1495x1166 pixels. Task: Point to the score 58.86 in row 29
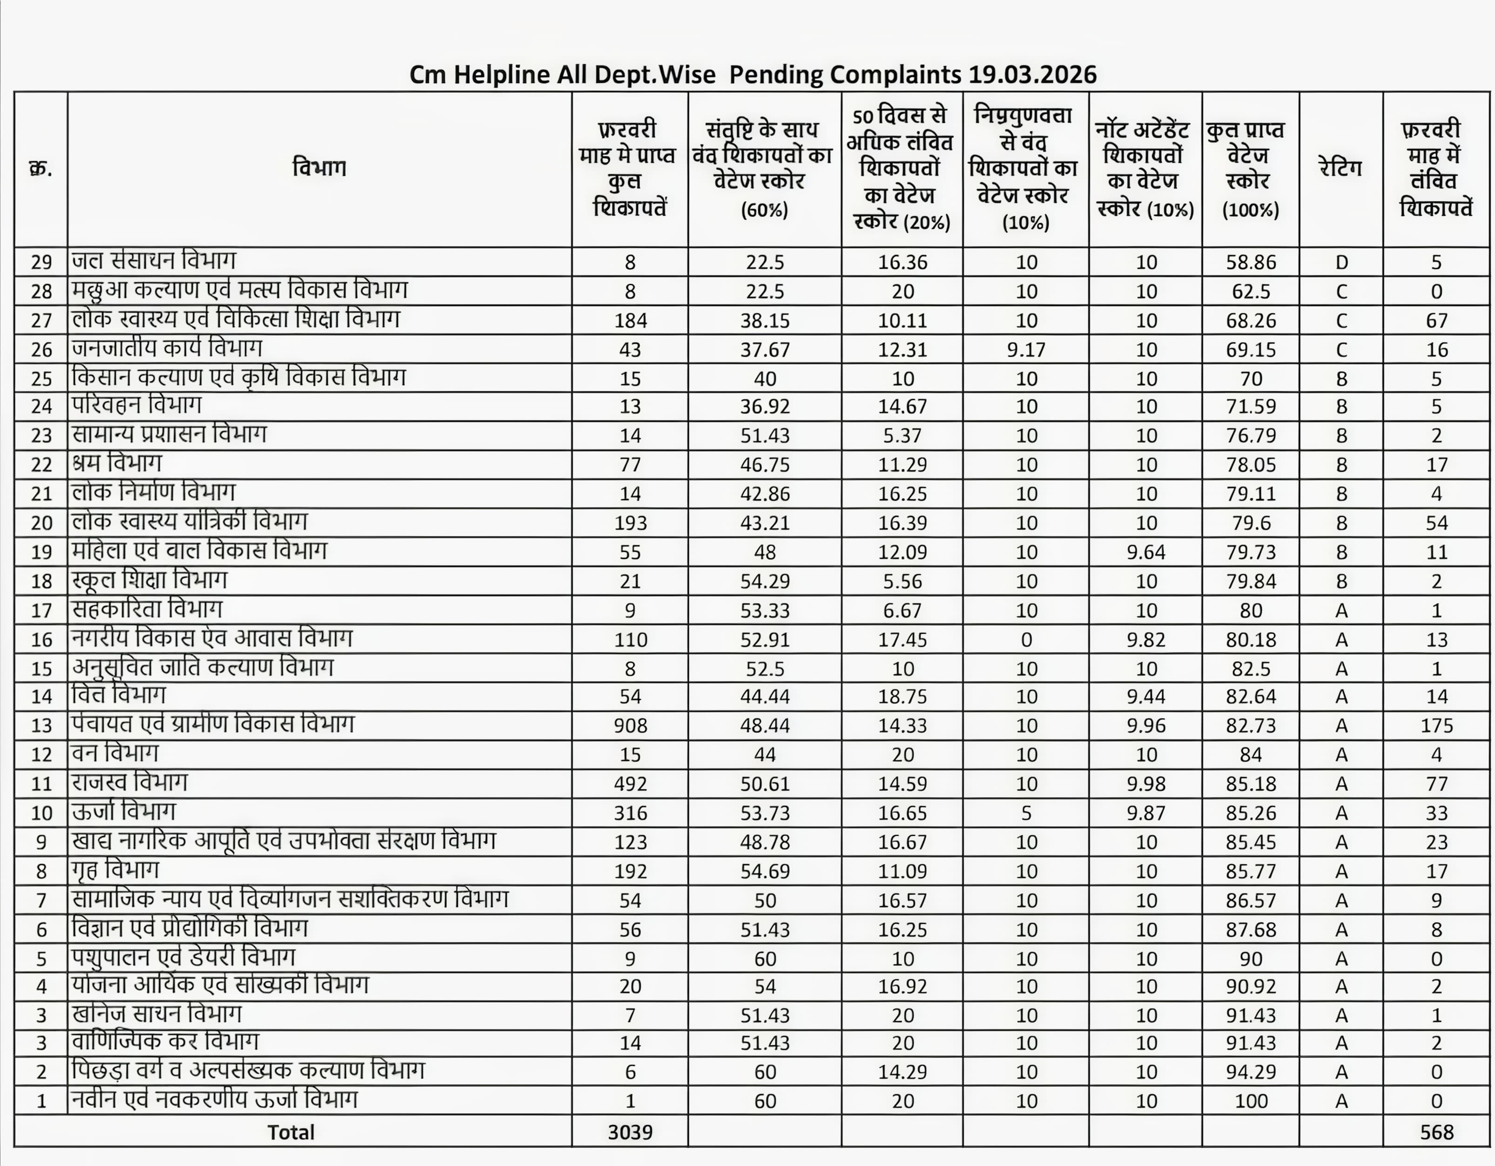tap(1251, 262)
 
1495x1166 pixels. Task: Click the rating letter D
tap(1341, 262)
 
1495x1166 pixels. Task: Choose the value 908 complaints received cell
tap(630, 726)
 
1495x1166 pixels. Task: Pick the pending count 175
tap(1436, 726)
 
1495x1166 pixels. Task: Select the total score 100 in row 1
tap(1251, 1101)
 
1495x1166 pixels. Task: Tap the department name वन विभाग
tap(115, 754)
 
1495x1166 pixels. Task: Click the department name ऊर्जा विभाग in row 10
tap(124, 812)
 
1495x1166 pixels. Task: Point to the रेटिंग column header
tap(1340, 169)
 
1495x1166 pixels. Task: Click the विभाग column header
tap(319, 169)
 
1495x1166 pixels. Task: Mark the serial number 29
tap(41, 262)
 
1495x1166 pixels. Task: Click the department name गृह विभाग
tap(115, 870)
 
